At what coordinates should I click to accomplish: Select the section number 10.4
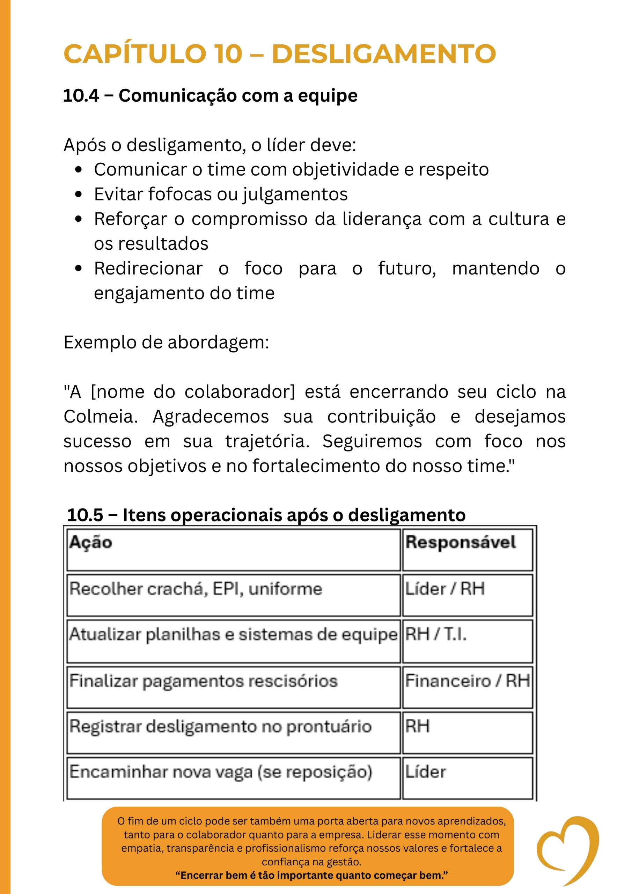81,96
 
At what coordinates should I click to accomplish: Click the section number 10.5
85,515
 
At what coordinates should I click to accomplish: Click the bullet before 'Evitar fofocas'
79,194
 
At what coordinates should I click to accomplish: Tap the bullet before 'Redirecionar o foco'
79,269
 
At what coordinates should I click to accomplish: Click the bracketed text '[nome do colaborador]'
193,392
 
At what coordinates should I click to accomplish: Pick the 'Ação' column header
91,542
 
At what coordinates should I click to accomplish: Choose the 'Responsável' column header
460,542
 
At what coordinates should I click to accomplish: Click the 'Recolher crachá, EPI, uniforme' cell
196,589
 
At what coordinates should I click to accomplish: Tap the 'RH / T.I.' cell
436,634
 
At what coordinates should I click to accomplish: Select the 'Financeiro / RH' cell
467,681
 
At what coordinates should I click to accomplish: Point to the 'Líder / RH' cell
445,589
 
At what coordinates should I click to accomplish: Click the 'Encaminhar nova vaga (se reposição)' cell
221,772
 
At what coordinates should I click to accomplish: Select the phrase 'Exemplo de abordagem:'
166,343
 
